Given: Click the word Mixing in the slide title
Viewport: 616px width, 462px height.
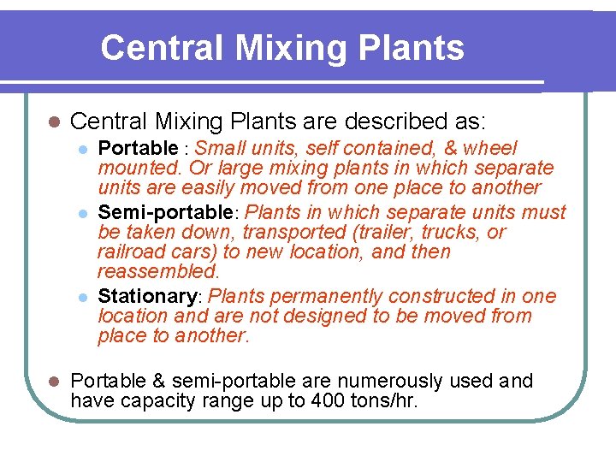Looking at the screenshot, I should click(x=281, y=48).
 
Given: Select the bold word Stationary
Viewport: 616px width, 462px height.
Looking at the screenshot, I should click(x=147, y=296).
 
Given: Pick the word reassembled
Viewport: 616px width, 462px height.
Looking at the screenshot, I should click(x=157, y=271).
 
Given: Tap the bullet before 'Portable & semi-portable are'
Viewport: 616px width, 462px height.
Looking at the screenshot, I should click(x=52, y=381).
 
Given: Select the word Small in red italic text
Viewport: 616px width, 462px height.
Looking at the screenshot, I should click(x=231, y=148).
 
